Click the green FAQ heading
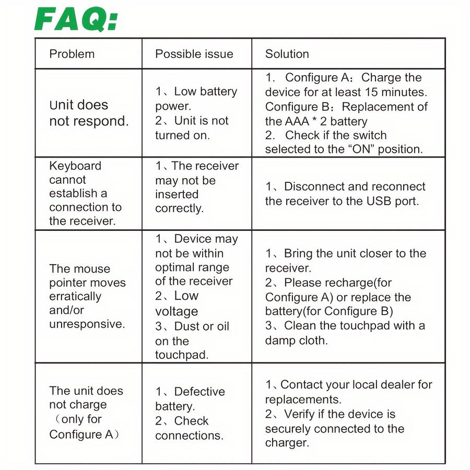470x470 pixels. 76,20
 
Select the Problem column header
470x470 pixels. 72,54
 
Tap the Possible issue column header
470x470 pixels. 194,54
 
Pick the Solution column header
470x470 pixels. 287,54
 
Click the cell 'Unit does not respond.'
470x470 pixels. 88,113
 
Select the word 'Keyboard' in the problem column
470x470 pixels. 75,166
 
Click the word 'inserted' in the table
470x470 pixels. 177,194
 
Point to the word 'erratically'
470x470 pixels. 75,297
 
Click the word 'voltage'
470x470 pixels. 176,312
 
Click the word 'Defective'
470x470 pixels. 199,392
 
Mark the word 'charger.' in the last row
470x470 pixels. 287,443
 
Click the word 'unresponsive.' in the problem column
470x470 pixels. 87,324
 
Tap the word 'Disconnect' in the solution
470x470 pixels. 312,186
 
